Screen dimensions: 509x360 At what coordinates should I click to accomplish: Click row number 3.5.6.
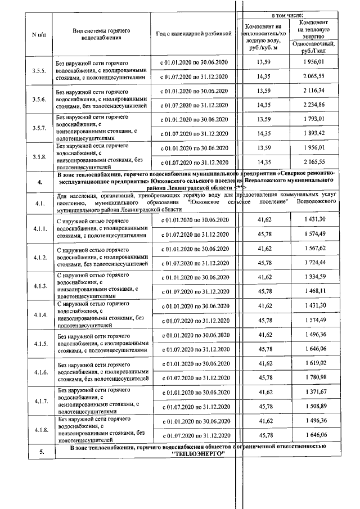[x=39, y=98]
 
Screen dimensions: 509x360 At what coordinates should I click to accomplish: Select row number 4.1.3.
[x=39, y=285]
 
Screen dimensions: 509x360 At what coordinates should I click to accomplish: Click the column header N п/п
[x=39, y=34]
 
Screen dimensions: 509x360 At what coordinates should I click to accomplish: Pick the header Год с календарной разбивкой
[x=193, y=34]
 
